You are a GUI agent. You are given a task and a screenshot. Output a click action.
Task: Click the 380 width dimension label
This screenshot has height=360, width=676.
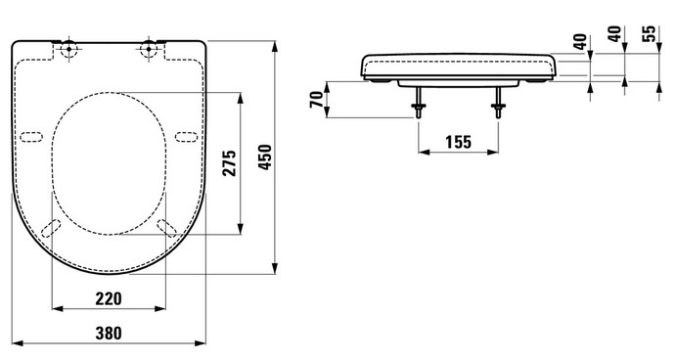(109, 333)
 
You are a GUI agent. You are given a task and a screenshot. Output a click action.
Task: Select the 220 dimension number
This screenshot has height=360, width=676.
(109, 298)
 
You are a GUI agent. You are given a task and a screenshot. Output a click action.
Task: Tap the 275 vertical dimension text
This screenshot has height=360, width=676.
(230, 163)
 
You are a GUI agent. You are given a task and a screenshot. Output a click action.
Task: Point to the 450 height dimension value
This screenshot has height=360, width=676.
(265, 157)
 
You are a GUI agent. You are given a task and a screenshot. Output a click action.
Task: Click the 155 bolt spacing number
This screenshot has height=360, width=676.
(458, 142)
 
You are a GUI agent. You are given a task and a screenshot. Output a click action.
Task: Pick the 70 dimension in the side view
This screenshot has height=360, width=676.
(317, 100)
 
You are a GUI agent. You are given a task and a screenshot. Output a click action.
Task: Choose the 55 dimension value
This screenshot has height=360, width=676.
(649, 33)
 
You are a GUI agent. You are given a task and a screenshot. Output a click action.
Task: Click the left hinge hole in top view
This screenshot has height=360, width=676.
(69, 49)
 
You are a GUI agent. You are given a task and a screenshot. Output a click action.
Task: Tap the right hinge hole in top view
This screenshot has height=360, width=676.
(149, 49)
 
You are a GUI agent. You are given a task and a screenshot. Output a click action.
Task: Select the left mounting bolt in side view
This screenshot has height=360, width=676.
(418, 103)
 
